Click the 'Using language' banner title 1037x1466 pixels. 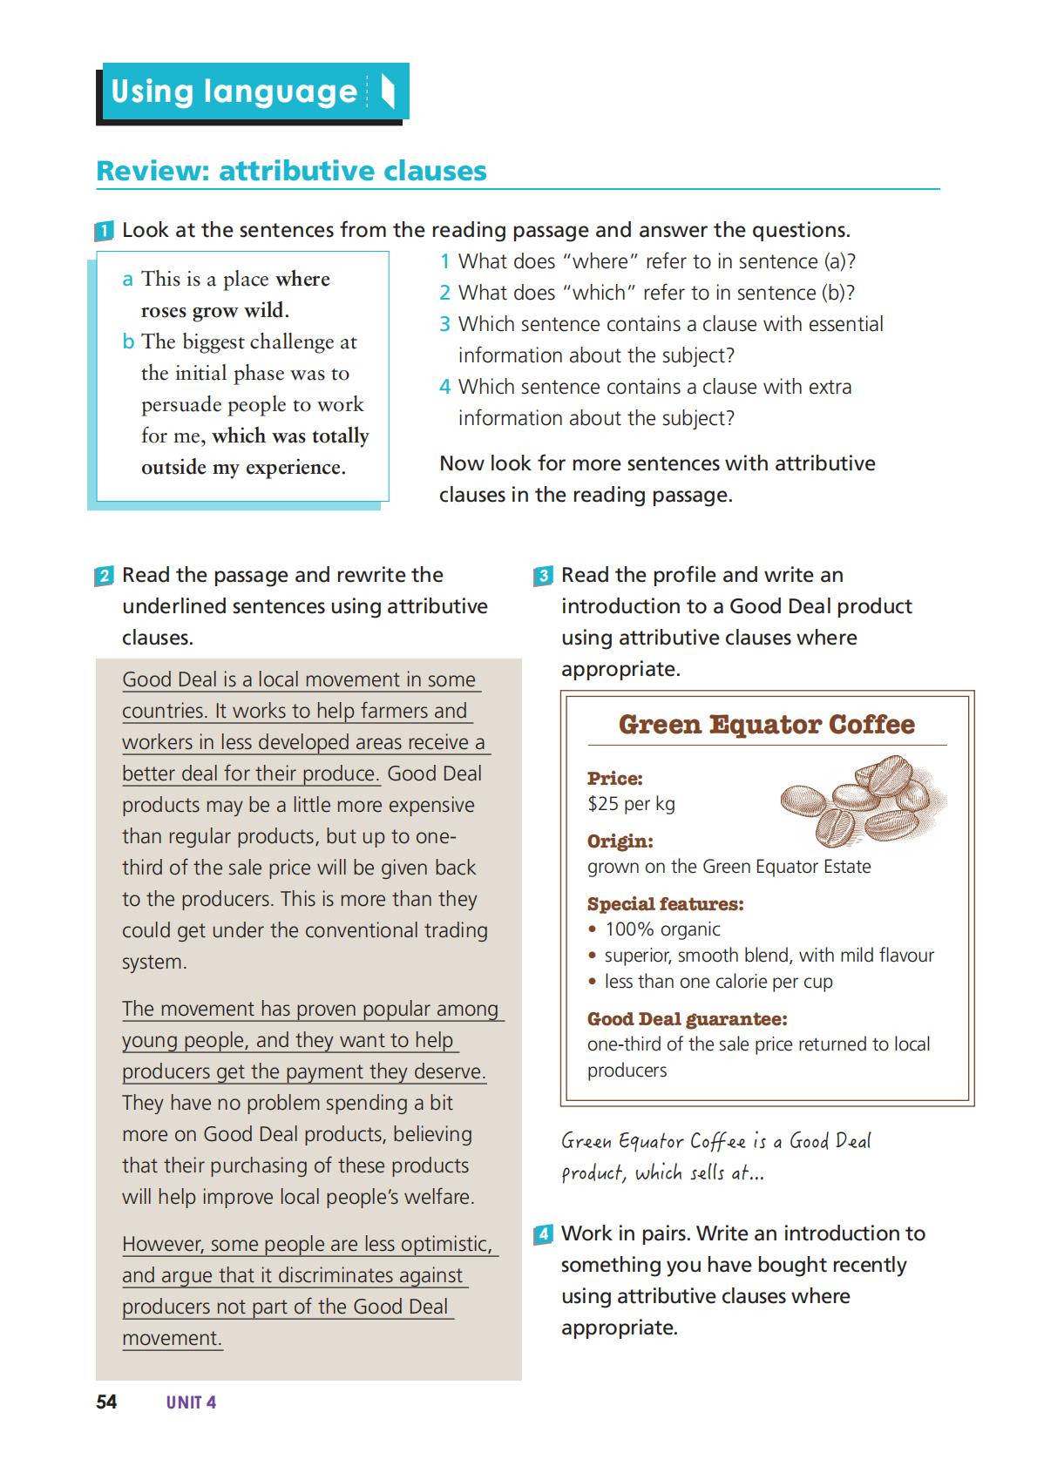tap(234, 91)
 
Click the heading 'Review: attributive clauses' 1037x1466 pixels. tap(291, 171)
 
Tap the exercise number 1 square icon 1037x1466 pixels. tap(104, 232)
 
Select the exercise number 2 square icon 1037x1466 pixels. tap(104, 577)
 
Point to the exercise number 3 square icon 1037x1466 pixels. tap(543, 577)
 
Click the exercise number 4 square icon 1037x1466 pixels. tap(543, 1235)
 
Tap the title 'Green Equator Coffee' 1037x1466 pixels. tap(766, 725)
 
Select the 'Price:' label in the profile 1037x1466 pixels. tap(615, 779)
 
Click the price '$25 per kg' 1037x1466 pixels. tap(631, 803)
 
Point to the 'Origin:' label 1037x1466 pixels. tap(620, 841)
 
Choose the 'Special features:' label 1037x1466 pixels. tap(665, 904)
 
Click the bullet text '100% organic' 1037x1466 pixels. tap(662, 929)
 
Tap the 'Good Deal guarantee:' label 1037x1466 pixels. tap(687, 1019)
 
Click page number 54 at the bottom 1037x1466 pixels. tap(106, 1402)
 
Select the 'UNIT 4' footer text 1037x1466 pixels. tap(191, 1402)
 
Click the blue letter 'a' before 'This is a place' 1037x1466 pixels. tap(128, 280)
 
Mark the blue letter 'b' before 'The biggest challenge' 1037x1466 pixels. tap(128, 342)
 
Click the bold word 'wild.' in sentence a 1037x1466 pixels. tap(266, 311)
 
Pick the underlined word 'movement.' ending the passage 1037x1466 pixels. tap(173, 1338)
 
